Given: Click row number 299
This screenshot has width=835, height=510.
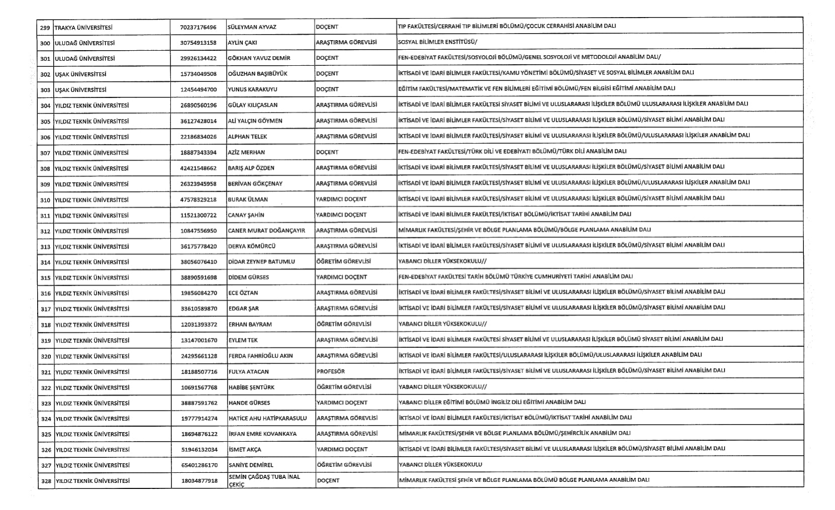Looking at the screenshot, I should [45, 27].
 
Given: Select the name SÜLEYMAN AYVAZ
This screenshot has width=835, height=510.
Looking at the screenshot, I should [252, 27].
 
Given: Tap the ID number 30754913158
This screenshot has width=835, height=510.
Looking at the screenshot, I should [198, 43].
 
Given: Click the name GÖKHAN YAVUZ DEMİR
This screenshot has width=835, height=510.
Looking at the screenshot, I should [259, 58].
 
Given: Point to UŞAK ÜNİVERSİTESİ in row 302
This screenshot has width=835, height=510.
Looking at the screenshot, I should [80, 74].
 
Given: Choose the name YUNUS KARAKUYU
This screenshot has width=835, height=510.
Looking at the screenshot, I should [252, 89].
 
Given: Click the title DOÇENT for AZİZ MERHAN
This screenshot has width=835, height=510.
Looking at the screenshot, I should [327, 152].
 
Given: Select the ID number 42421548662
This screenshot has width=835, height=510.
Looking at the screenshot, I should [198, 168].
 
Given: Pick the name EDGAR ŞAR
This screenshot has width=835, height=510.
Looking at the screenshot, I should [244, 309].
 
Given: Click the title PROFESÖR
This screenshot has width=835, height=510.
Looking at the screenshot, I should [331, 371].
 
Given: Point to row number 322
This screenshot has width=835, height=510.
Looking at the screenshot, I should [46, 388].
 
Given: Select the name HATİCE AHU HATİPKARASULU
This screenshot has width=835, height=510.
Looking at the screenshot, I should [267, 419].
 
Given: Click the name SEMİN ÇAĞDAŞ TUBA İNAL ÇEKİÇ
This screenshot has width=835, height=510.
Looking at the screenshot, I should [264, 480].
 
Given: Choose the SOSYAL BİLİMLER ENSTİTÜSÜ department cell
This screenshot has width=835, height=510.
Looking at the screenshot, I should [437, 42].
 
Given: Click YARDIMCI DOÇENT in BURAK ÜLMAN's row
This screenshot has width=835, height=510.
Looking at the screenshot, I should [341, 199].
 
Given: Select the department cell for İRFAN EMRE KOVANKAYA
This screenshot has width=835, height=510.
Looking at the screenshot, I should [514, 433].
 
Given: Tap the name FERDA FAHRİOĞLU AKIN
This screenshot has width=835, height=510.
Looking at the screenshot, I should [260, 356].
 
